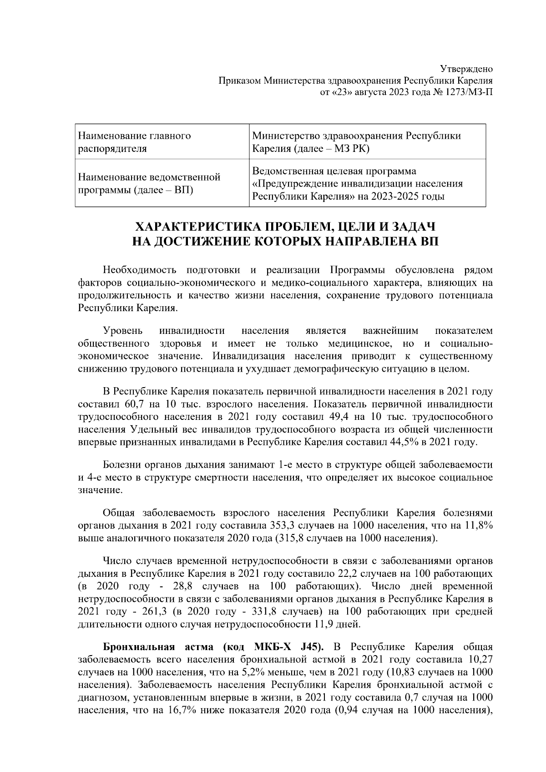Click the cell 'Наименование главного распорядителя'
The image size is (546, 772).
(135, 142)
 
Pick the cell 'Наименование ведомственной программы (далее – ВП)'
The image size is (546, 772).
(150, 183)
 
